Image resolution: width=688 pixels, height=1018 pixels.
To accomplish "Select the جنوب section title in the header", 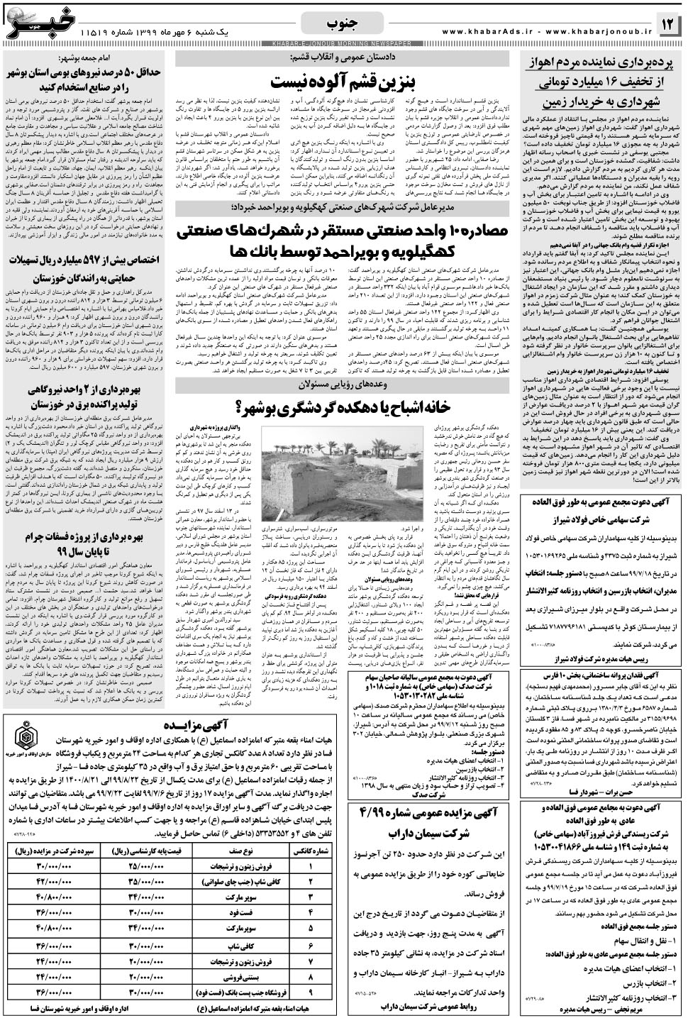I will [343, 23].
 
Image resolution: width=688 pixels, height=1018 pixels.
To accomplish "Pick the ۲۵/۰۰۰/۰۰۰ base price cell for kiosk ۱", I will [147, 866].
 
